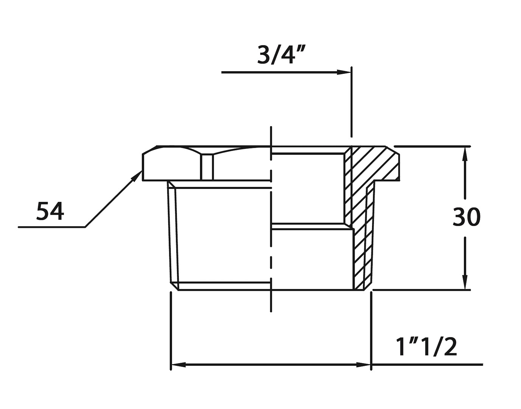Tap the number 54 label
pyautogui.click(x=50, y=211)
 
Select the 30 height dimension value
pyautogui.click(x=467, y=217)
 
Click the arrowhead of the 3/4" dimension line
pyautogui.click(x=344, y=72)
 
